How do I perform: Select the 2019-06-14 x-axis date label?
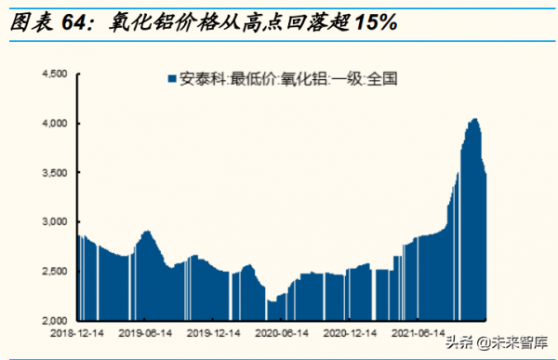click(x=145, y=331)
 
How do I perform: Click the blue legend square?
click(x=170, y=79)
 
